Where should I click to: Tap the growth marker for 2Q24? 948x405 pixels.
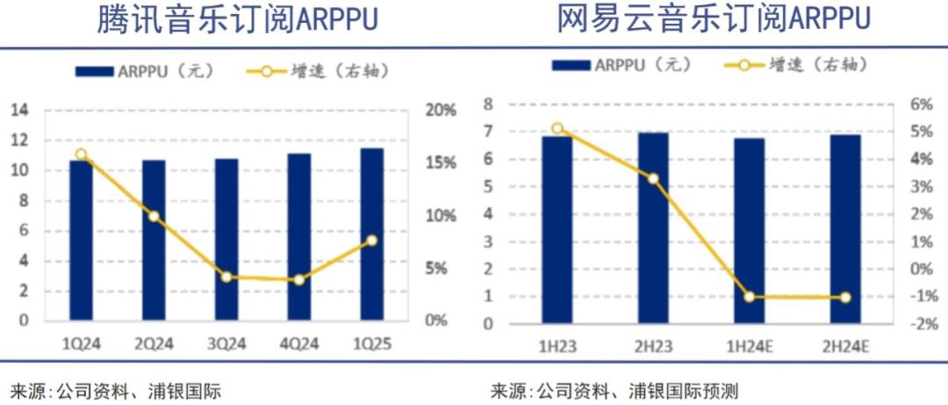154,217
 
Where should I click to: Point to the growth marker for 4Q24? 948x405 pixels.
299,280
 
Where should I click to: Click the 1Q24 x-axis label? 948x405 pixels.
81,344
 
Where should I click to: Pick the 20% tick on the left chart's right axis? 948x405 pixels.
441,110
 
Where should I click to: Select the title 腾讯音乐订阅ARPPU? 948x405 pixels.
237,20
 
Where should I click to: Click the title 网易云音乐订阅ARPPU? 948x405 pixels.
713,20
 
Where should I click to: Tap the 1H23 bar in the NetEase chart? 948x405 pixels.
557,230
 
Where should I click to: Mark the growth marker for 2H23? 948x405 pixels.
653,179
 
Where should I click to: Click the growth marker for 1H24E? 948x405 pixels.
749,297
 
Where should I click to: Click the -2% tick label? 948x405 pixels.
923,324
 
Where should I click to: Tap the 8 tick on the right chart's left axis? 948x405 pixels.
488,104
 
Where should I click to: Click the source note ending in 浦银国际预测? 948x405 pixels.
614,391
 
